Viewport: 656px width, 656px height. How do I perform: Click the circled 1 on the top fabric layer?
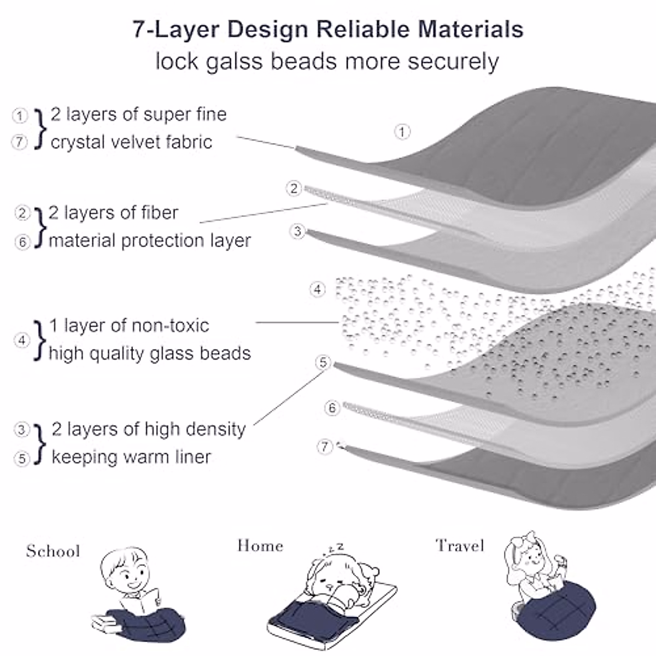[x=402, y=132]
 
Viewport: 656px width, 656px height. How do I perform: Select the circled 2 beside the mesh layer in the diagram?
[x=294, y=189]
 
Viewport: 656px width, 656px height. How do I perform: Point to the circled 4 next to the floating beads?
[x=318, y=289]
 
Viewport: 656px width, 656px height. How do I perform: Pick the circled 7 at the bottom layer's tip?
[x=325, y=447]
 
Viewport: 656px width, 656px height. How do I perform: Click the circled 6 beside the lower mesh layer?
[x=332, y=408]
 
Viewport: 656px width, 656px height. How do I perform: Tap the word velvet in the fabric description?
[x=137, y=142]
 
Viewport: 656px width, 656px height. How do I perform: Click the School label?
[x=53, y=551]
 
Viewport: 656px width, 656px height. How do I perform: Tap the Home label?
[x=260, y=546]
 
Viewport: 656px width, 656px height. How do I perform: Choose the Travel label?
[x=460, y=546]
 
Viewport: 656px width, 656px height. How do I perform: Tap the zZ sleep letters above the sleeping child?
[x=336, y=547]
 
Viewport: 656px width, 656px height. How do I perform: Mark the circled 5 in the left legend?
[x=22, y=458]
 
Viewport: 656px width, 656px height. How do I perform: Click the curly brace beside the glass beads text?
[x=39, y=340]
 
